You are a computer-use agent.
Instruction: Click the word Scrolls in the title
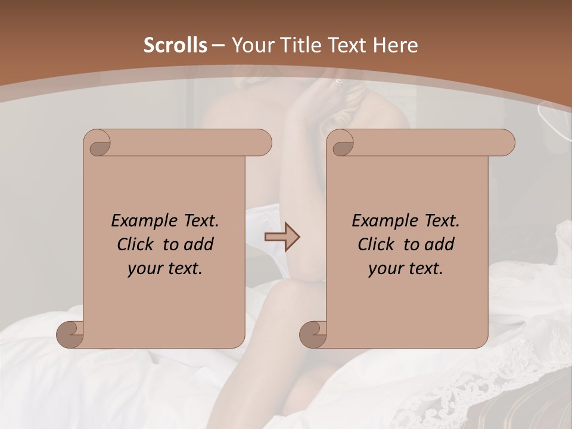[x=175, y=45]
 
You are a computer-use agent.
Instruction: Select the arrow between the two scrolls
[x=282, y=237]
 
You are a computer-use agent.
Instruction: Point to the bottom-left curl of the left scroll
[x=70, y=334]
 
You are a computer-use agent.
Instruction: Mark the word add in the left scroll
[x=199, y=244]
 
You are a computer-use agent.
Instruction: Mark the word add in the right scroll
[x=440, y=244]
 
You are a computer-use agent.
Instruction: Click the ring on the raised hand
[x=339, y=83]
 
